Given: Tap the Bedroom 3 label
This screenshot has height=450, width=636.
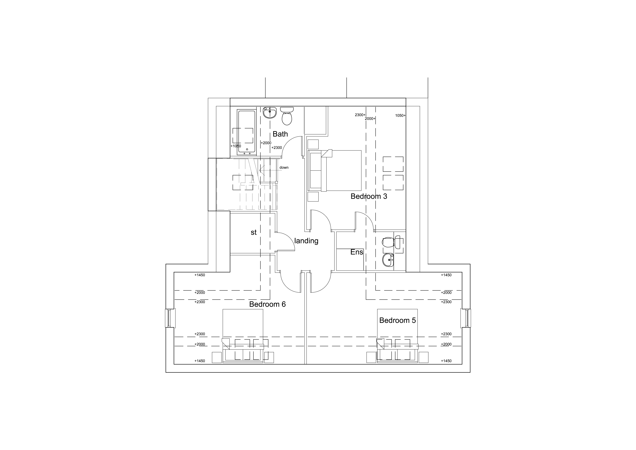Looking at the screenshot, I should [x=369, y=196].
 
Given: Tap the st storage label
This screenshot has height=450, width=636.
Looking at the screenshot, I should [x=253, y=232].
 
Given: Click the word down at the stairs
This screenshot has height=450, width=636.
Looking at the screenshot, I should [x=284, y=168].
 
